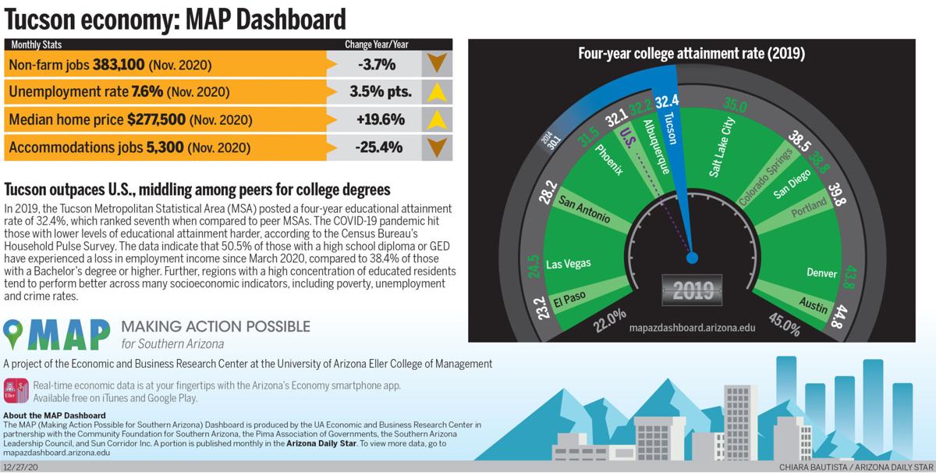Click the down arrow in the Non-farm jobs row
(x=437, y=64)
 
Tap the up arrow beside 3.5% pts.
(x=437, y=92)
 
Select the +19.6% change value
(x=381, y=119)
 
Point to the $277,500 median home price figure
(x=156, y=120)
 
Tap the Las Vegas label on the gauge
(x=566, y=264)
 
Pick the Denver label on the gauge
(x=822, y=273)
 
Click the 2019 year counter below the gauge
(x=693, y=290)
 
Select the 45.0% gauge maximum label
(x=785, y=324)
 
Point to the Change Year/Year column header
(x=376, y=44)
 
